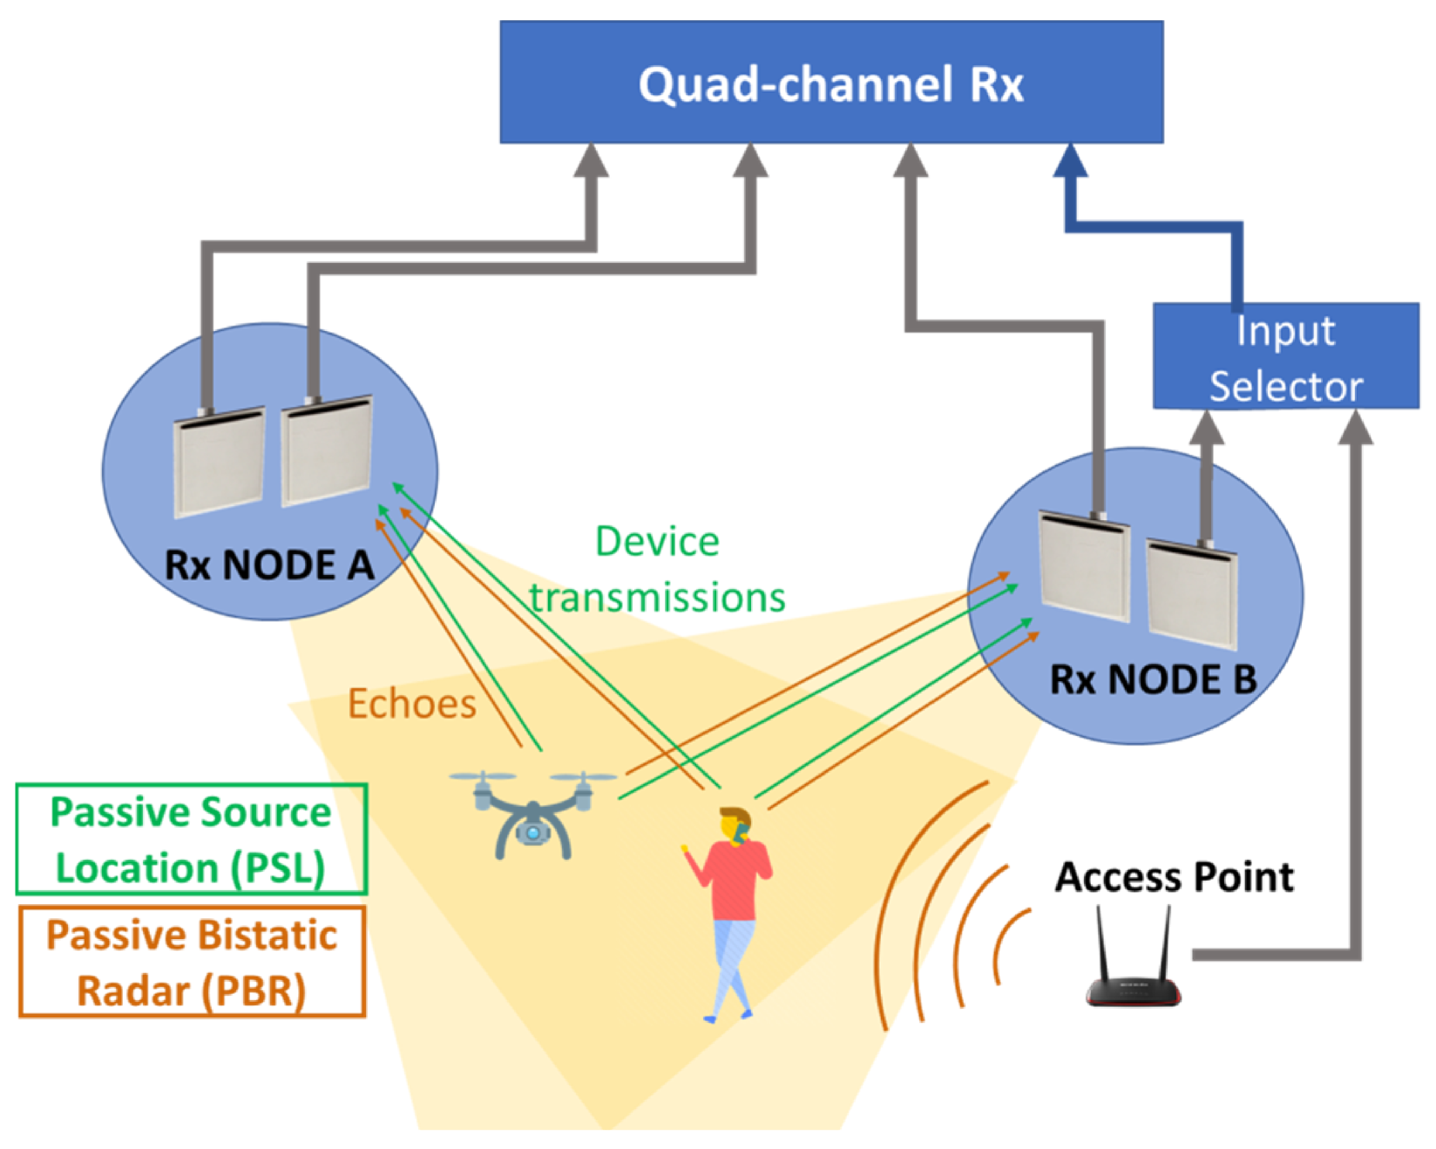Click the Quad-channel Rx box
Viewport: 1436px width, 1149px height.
pyautogui.click(x=831, y=82)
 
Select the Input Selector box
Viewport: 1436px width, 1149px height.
pyautogui.click(x=1285, y=355)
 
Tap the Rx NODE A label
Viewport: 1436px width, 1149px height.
pyautogui.click(x=269, y=565)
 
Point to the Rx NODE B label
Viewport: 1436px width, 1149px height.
pyautogui.click(x=1153, y=680)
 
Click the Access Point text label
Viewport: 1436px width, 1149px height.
pyautogui.click(x=1175, y=876)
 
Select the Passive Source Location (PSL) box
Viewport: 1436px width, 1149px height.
pyautogui.click(x=192, y=840)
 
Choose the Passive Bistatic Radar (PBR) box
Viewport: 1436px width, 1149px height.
pyautogui.click(x=192, y=962)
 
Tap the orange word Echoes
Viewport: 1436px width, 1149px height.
pyautogui.click(x=412, y=704)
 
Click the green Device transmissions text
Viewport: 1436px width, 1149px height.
pyautogui.click(x=658, y=570)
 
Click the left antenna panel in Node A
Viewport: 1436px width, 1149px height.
pyautogui.click(x=219, y=461)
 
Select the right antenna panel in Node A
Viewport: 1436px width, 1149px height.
pyautogui.click(x=327, y=450)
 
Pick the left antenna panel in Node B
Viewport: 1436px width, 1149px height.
pyautogui.click(x=1085, y=566)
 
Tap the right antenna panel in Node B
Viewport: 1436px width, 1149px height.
pyautogui.click(x=1192, y=595)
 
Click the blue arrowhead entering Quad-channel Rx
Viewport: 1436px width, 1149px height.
pyautogui.click(x=1070, y=161)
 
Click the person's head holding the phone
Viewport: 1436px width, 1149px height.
pyautogui.click(x=735, y=826)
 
